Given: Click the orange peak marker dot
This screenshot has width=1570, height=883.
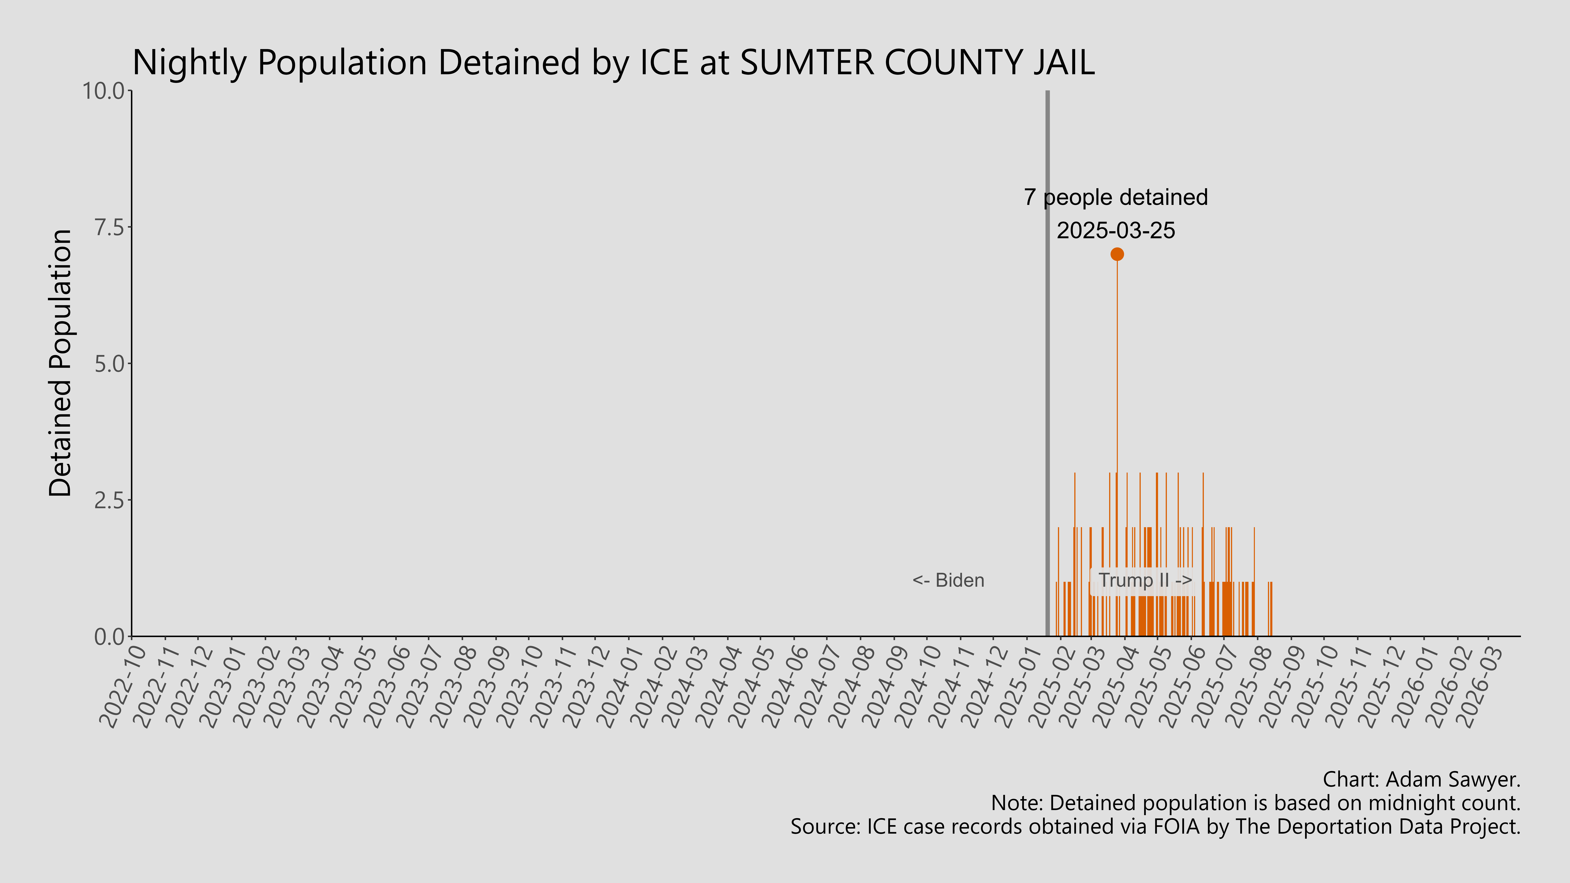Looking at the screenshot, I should pyautogui.click(x=1116, y=254).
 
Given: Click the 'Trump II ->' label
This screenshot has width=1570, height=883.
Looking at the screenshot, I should pyautogui.click(x=1145, y=580).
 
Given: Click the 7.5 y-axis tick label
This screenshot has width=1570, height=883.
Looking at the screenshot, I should pyautogui.click(x=108, y=227).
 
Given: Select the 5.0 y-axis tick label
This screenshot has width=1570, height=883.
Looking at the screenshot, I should pyautogui.click(x=108, y=364).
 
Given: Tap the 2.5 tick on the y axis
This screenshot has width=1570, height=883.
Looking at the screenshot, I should pyautogui.click(x=108, y=500).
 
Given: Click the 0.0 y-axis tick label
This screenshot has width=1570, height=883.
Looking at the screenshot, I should pyautogui.click(x=108, y=637).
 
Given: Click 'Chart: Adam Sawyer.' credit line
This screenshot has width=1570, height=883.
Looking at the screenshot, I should pyautogui.click(x=1421, y=779).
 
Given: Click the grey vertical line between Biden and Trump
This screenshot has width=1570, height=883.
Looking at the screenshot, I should pyautogui.click(x=1047, y=366).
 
